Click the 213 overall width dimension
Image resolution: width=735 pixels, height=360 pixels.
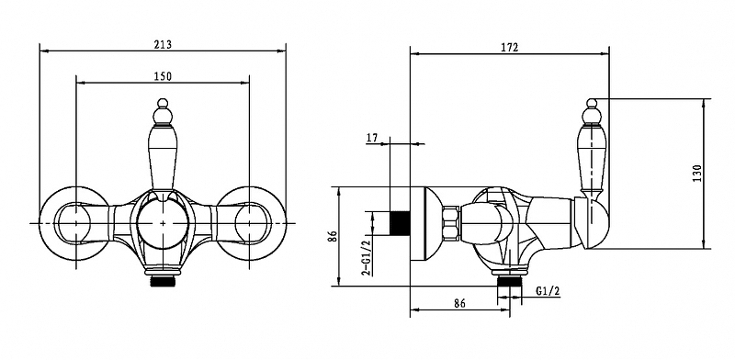click(163, 44)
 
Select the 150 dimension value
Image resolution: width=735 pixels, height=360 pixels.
click(163, 76)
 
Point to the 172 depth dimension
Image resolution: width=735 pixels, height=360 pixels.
click(509, 48)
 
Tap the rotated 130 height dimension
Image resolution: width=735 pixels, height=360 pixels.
click(697, 174)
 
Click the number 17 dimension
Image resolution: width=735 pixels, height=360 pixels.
click(372, 138)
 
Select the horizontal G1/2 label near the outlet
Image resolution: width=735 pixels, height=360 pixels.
click(548, 291)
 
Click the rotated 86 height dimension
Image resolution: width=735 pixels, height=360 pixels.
click(332, 237)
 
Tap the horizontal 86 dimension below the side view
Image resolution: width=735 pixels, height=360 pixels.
click(460, 303)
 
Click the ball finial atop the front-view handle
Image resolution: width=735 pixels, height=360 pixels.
click(163, 103)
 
